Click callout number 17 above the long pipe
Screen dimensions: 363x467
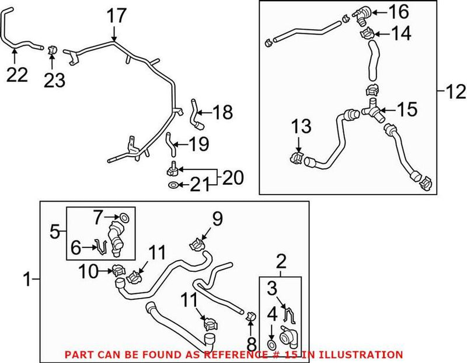117,16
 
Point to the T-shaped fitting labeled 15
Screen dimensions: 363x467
371,110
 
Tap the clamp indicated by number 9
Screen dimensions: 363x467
197,243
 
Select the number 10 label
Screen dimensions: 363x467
89,271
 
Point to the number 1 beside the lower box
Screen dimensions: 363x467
25,281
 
